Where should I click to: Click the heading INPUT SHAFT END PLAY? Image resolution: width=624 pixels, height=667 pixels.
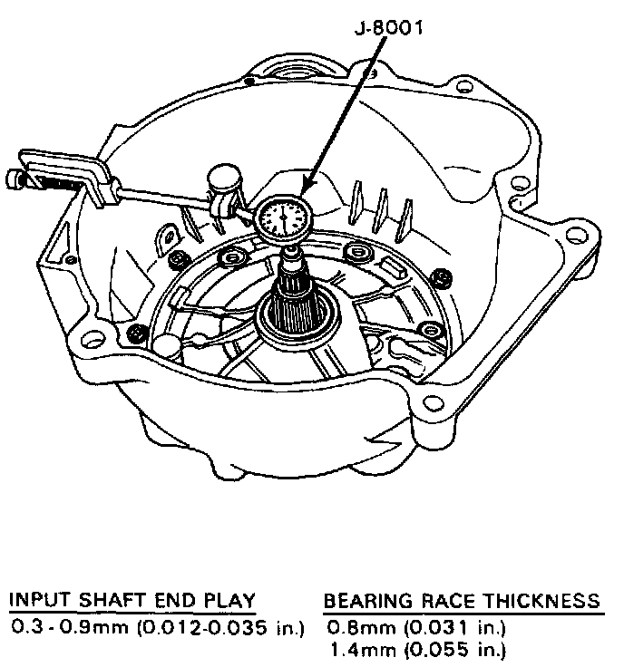click(x=132, y=601)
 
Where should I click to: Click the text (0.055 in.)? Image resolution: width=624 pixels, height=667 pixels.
click(x=444, y=649)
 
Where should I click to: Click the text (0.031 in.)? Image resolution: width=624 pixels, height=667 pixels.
click(x=444, y=626)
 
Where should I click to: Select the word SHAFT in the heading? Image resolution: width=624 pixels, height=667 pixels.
click(x=97, y=601)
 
